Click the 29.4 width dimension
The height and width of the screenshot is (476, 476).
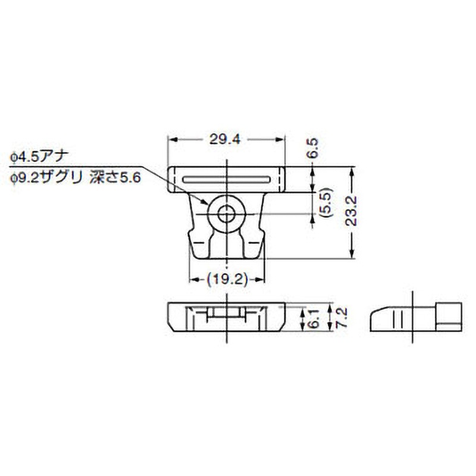click(x=226, y=139)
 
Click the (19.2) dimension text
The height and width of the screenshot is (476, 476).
click(x=227, y=278)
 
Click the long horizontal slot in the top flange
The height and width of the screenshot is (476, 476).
click(x=227, y=179)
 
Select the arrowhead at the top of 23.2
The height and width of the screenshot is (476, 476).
click(x=353, y=171)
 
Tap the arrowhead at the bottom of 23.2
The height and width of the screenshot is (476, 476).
click(x=353, y=255)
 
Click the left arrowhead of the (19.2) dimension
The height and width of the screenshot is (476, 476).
click(x=193, y=278)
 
